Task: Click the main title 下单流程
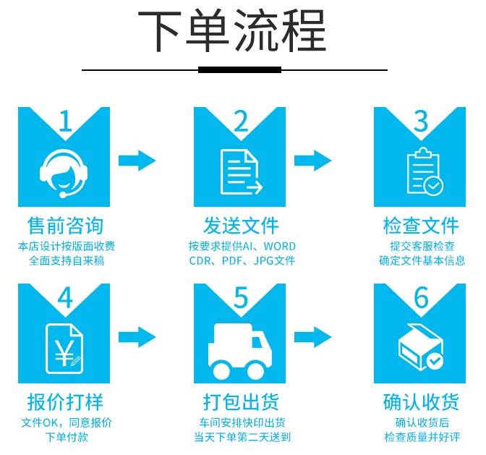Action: tap(232, 32)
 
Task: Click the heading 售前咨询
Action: tap(64, 225)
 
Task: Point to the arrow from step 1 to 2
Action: tap(137, 160)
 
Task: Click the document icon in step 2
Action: tap(240, 173)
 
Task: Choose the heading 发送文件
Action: tap(241, 225)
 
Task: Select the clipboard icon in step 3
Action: tap(423, 173)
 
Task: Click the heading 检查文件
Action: tap(421, 225)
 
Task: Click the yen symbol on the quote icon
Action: tap(62, 354)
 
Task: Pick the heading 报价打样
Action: tap(64, 401)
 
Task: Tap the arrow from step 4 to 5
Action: tap(137, 336)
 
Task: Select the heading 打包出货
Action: tap(241, 401)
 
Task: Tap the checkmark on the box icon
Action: tap(434, 359)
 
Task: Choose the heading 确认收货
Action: tap(421, 401)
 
